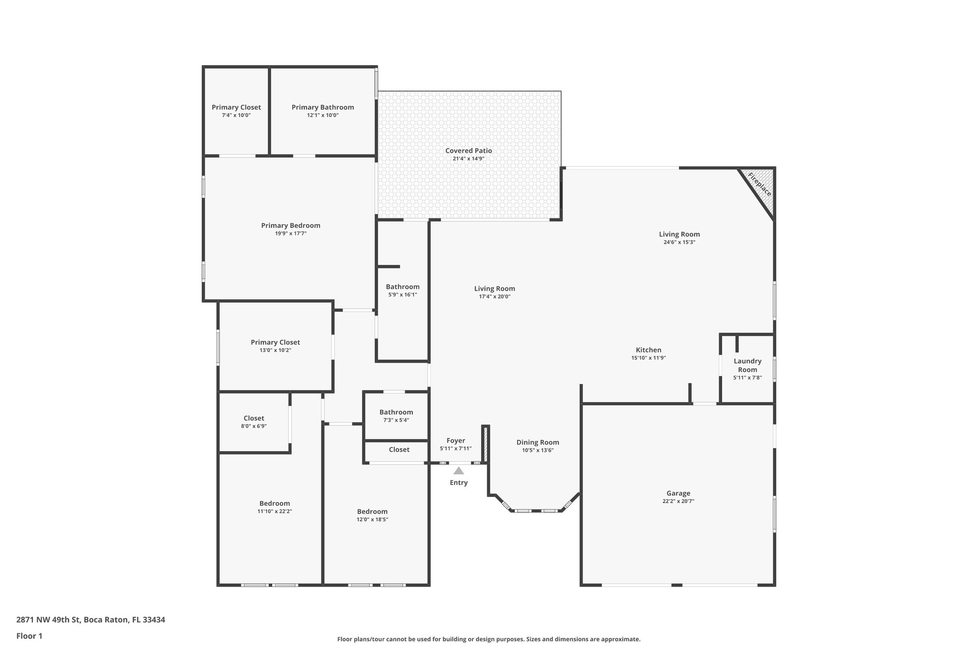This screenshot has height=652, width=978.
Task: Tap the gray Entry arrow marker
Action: coord(458,471)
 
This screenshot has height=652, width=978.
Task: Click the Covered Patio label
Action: coord(468,151)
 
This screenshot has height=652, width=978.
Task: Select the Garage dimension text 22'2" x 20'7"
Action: coord(678,502)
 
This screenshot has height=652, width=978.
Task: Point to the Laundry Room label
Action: coord(747,365)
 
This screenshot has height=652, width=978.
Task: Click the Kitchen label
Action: coord(648,350)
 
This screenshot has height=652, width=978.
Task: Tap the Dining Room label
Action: coord(538,442)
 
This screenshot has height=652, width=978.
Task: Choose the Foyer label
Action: coord(456,441)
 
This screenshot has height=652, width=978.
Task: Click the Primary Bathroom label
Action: coord(323,107)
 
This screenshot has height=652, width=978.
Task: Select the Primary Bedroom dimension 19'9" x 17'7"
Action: coord(290,234)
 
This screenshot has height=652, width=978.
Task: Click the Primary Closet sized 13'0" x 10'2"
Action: coord(275,342)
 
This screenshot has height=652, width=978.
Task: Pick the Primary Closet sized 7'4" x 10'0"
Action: coord(236,107)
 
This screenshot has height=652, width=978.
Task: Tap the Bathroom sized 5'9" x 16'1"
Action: coord(403,287)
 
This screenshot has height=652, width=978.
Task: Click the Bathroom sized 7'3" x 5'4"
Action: coord(396,412)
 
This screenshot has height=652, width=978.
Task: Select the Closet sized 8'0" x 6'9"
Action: coord(254,418)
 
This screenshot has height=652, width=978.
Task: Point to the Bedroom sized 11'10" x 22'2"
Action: coord(275,503)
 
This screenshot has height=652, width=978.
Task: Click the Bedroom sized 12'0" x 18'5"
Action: coord(372,512)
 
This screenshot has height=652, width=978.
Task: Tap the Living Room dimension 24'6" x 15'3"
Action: coord(679,242)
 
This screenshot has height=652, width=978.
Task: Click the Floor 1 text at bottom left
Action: coord(29,636)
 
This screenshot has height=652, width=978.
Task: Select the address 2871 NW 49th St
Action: coord(91,620)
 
